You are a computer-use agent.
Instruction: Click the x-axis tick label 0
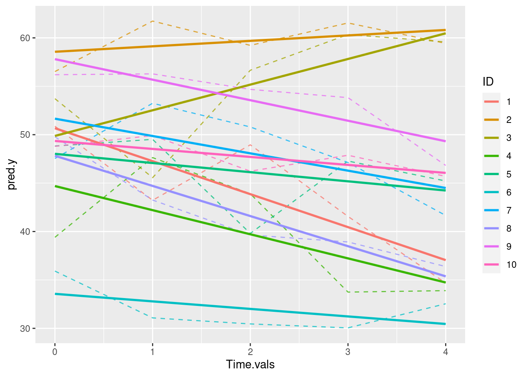pyautogui.click(x=55, y=352)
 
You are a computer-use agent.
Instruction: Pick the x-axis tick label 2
pyautogui.click(x=250, y=352)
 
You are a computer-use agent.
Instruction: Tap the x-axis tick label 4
pyautogui.click(x=445, y=352)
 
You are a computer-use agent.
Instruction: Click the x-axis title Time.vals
pyautogui.click(x=250, y=365)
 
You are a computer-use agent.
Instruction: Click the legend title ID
pyautogui.click(x=488, y=82)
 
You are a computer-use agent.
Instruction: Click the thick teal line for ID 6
pyautogui.click(x=250, y=309)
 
